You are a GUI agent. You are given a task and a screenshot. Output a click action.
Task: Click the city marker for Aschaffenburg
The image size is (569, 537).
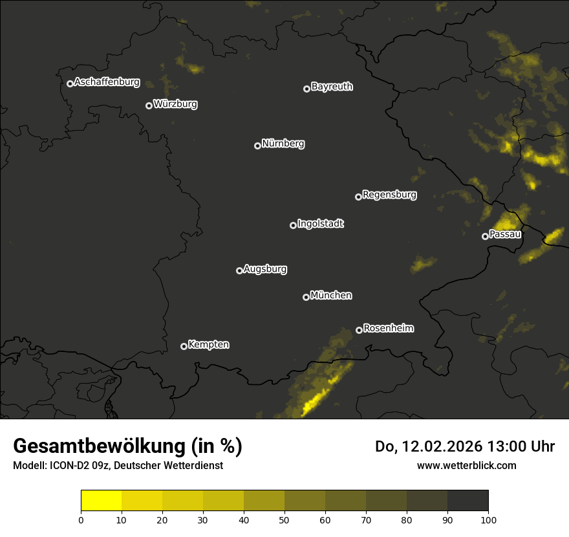(x=70, y=83)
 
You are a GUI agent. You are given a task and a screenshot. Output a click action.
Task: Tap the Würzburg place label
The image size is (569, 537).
(x=175, y=104)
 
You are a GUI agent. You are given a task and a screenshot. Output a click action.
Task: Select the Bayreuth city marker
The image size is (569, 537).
(x=306, y=89)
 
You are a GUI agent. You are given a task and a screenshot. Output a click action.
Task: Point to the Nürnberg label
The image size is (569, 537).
(x=283, y=144)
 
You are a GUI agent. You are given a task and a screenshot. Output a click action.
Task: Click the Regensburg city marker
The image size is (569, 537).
(x=358, y=197)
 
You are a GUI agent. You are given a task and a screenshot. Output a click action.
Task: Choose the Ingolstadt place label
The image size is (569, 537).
(x=321, y=224)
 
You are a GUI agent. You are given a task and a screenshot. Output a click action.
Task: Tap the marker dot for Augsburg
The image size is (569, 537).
(x=239, y=270)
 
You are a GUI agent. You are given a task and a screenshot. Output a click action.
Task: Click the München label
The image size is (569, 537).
(x=331, y=296)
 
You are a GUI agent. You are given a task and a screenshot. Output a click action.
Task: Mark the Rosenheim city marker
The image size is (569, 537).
(x=359, y=330)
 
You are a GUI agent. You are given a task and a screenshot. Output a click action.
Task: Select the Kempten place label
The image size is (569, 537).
(x=208, y=344)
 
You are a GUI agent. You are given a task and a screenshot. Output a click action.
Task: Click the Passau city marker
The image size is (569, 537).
(x=485, y=236)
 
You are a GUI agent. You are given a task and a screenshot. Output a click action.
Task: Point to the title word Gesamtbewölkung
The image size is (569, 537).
(x=98, y=446)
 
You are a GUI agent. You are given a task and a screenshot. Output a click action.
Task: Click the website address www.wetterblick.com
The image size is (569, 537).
(x=466, y=465)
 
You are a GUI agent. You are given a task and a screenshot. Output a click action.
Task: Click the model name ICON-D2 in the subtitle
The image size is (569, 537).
(x=67, y=465)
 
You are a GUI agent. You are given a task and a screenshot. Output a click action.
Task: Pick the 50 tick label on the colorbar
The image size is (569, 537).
(x=284, y=520)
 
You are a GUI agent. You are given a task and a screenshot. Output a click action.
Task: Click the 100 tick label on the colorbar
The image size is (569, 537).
(x=488, y=520)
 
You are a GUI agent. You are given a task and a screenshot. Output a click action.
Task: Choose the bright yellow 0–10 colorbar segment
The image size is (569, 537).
(x=102, y=501)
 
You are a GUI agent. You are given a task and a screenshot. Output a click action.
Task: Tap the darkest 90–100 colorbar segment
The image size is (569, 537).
(x=467, y=501)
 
